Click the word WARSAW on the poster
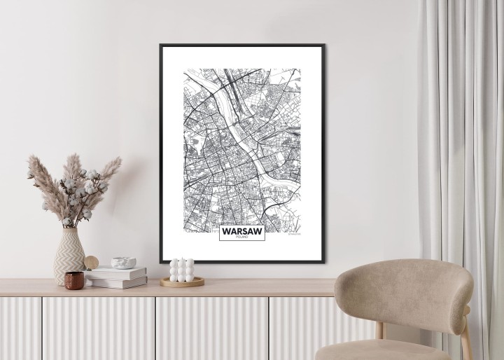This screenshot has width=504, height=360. click(x=241, y=230)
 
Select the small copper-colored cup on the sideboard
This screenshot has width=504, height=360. click(x=74, y=279)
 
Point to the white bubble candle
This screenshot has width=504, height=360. click(x=181, y=270)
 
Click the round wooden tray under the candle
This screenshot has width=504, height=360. click(x=182, y=282)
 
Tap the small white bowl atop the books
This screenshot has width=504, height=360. click(x=124, y=263)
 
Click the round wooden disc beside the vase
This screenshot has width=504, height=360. click(x=92, y=263)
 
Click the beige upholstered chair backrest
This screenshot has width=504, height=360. click(x=402, y=291)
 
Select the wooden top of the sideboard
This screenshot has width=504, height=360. click(x=210, y=287)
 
